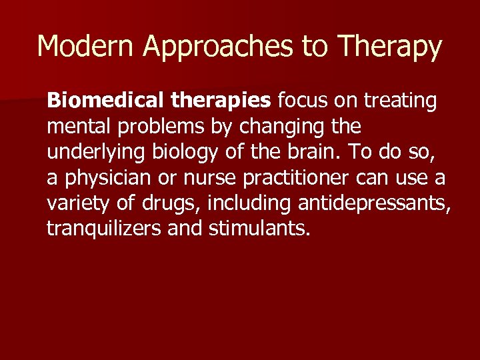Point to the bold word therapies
221,101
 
